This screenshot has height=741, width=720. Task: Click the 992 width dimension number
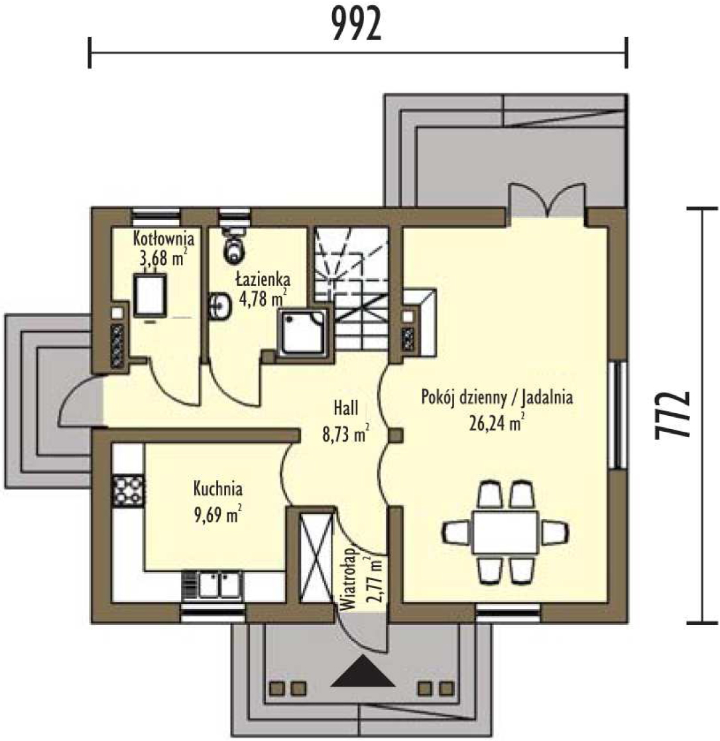click(356, 25)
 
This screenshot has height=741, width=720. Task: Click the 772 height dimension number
click(672, 415)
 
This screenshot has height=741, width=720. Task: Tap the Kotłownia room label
click(164, 238)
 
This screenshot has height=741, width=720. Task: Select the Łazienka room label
click(263, 279)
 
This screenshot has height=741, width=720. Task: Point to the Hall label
click(346, 408)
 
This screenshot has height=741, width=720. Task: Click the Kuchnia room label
click(218, 489)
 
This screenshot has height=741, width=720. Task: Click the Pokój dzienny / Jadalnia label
click(497, 397)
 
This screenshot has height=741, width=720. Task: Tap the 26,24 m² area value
click(497, 422)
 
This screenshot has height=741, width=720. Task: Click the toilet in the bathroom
click(234, 244)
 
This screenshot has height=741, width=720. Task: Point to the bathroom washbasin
click(219, 306)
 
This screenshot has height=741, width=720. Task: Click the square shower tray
click(303, 332)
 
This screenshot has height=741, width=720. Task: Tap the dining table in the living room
click(505, 532)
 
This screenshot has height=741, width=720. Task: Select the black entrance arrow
click(363, 670)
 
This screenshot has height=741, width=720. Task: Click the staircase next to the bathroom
click(351, 288)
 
